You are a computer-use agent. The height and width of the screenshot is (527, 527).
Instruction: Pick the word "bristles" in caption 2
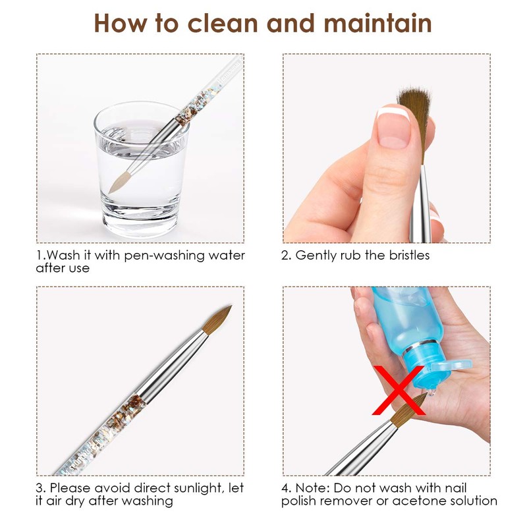click(404, 256)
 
